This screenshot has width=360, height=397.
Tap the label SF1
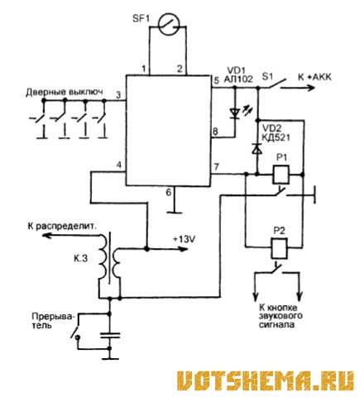[141, 19]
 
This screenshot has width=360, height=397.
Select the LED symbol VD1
[235, 112]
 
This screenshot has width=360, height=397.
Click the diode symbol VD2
[257, 149]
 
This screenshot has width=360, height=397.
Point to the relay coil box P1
[281, 175]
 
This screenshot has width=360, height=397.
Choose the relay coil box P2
[280, 246]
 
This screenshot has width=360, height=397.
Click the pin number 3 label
[118, 95]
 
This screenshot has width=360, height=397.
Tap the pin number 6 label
[169, 192]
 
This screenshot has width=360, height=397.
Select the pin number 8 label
[215, 132]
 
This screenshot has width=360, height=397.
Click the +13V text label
[184, 239]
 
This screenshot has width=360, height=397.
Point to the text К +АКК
[314, 77]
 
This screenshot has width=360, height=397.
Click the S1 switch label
[267, 76]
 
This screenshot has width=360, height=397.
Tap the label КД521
[276, 137]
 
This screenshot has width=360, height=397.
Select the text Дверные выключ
[65, 92]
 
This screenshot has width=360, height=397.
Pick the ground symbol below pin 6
[174, 213]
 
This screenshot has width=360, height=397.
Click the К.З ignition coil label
[80, 259]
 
